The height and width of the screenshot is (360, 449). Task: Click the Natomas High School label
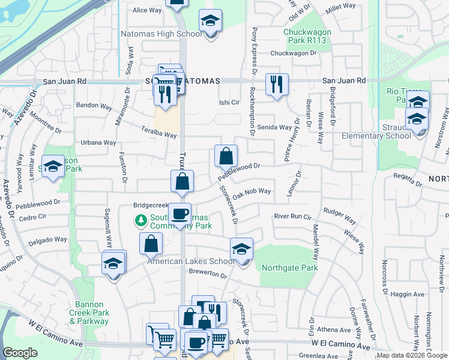tap(161, 34)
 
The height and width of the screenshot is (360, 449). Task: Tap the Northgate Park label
tap(289, 268)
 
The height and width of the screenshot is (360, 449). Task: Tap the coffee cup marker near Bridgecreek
tap(179, 214)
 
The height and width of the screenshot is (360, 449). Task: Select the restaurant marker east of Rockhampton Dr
tap(277, 84)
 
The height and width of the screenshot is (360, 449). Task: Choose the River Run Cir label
tap(292, 216)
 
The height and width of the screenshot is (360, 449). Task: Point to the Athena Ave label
tap(334, 329)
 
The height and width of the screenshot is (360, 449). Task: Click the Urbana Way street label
tap(99, 143)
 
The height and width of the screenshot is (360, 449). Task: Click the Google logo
tap(20, 353)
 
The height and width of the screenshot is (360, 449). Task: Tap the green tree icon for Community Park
tap(142, 220)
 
